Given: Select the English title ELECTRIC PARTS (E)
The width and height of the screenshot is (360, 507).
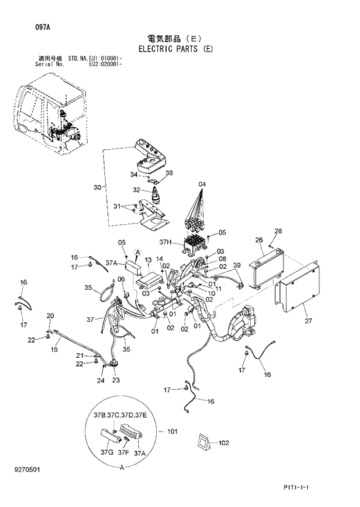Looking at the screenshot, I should pos(175,49).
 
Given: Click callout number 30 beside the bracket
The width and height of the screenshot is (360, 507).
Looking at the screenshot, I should pos(97,187).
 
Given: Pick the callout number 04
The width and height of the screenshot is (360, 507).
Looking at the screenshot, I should pos(201,185).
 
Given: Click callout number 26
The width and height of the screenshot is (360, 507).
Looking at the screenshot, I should pos(259,240).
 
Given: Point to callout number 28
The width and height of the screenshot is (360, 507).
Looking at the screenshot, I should pos(278,232).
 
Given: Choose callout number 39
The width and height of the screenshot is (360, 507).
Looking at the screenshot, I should pos(236,265).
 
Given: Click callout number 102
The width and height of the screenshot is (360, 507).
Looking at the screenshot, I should pos(224,443).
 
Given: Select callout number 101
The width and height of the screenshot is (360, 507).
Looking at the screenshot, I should pos(172,432).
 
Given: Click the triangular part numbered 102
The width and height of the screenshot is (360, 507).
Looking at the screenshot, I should pos(204,442).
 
